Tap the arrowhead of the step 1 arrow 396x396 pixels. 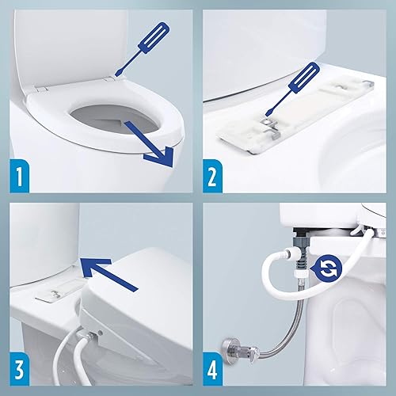(x=165, y=157)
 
